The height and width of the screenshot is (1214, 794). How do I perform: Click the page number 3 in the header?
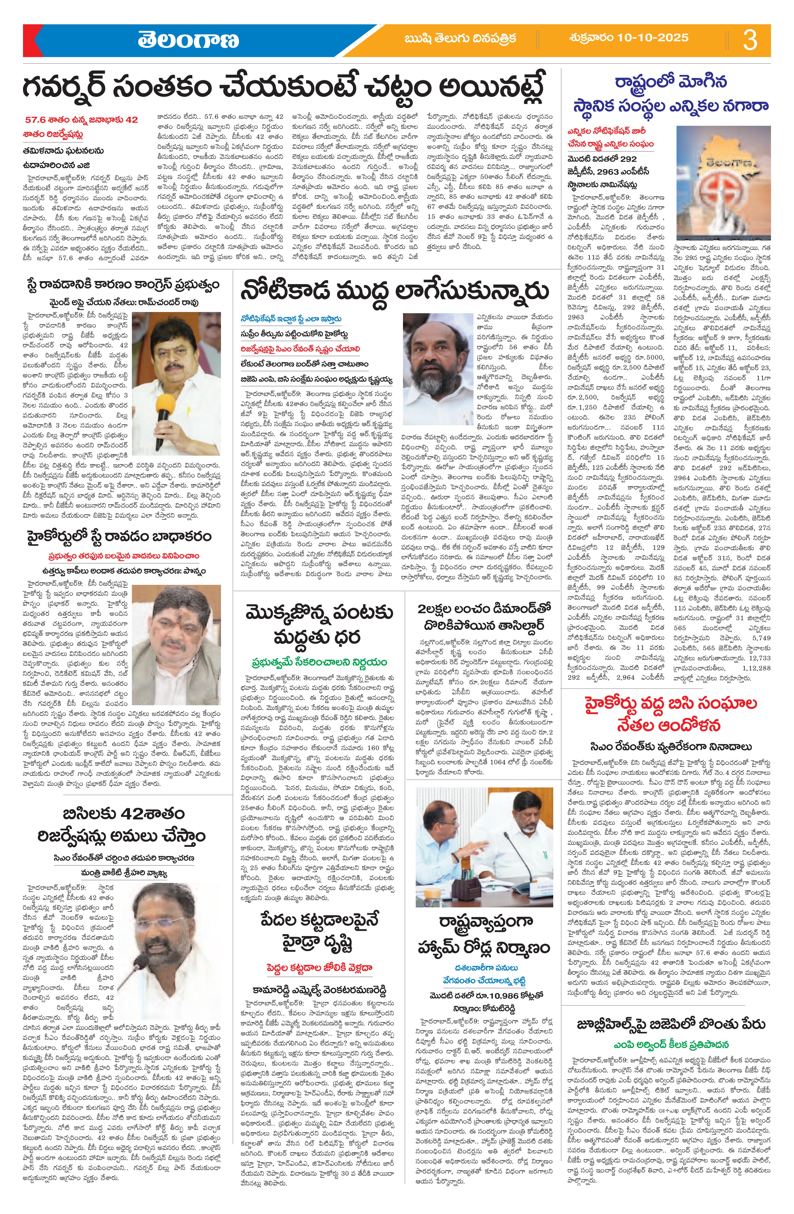coord(750,40)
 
